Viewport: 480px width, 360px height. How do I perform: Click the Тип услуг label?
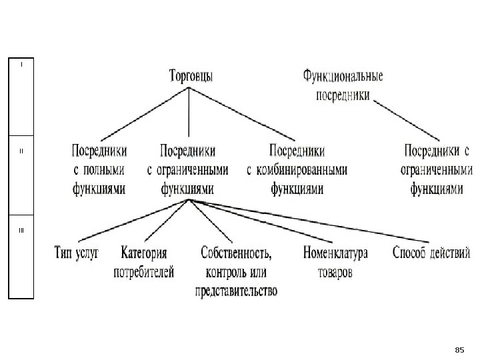coord(75,253)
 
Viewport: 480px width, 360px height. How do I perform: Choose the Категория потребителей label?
coord(144,262)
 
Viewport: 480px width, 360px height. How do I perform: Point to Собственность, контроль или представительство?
coord(237,272)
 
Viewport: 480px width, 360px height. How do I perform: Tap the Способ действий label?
coord(431,253)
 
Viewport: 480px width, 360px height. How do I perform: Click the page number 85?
coord(458,349)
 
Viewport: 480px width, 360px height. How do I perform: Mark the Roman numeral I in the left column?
coord(21,65)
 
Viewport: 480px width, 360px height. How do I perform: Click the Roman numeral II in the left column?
coord(21,151)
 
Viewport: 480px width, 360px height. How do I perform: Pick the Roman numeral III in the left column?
coord(21,231)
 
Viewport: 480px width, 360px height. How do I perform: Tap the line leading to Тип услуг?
coord(133,219)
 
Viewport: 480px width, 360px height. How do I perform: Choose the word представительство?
coord(237,291)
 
